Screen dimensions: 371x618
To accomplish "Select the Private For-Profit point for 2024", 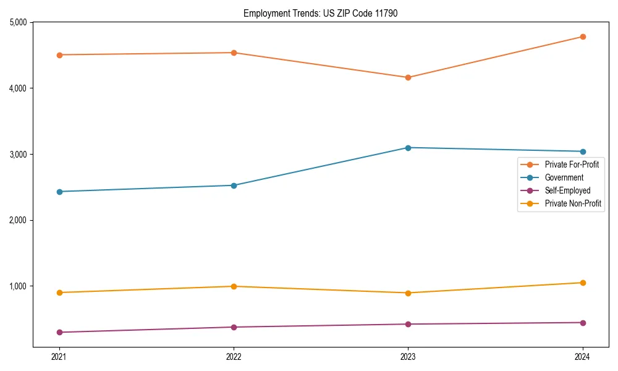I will [x=583, y=37].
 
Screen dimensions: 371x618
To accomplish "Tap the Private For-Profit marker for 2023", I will [x=408, y=77].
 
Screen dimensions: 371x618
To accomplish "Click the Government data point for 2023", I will [x=408, y=148].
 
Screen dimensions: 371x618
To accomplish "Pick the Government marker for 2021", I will [x=59, y=192].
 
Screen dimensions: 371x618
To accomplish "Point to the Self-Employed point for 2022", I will [x=234, y=327].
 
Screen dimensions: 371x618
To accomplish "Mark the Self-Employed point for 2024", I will [x=583, y=323].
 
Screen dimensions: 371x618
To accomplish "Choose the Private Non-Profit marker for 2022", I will [x=234, y=286].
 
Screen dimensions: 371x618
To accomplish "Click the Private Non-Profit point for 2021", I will [x=59, y=292].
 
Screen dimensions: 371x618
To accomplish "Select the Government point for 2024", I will [x=583, y=151].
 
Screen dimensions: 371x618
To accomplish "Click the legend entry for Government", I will [x=564, y=177].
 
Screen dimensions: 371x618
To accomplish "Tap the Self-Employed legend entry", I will [x=567, y=190].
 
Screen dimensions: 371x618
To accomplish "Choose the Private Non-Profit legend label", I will [x=573, y=203].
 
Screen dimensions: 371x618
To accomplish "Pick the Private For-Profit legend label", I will [x=572, y=164].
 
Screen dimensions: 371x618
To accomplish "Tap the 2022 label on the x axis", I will [x=234, y=356].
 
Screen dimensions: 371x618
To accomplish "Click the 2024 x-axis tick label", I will [x=583, y=356].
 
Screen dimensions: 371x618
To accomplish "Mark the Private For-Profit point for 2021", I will [x=59, y=55].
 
